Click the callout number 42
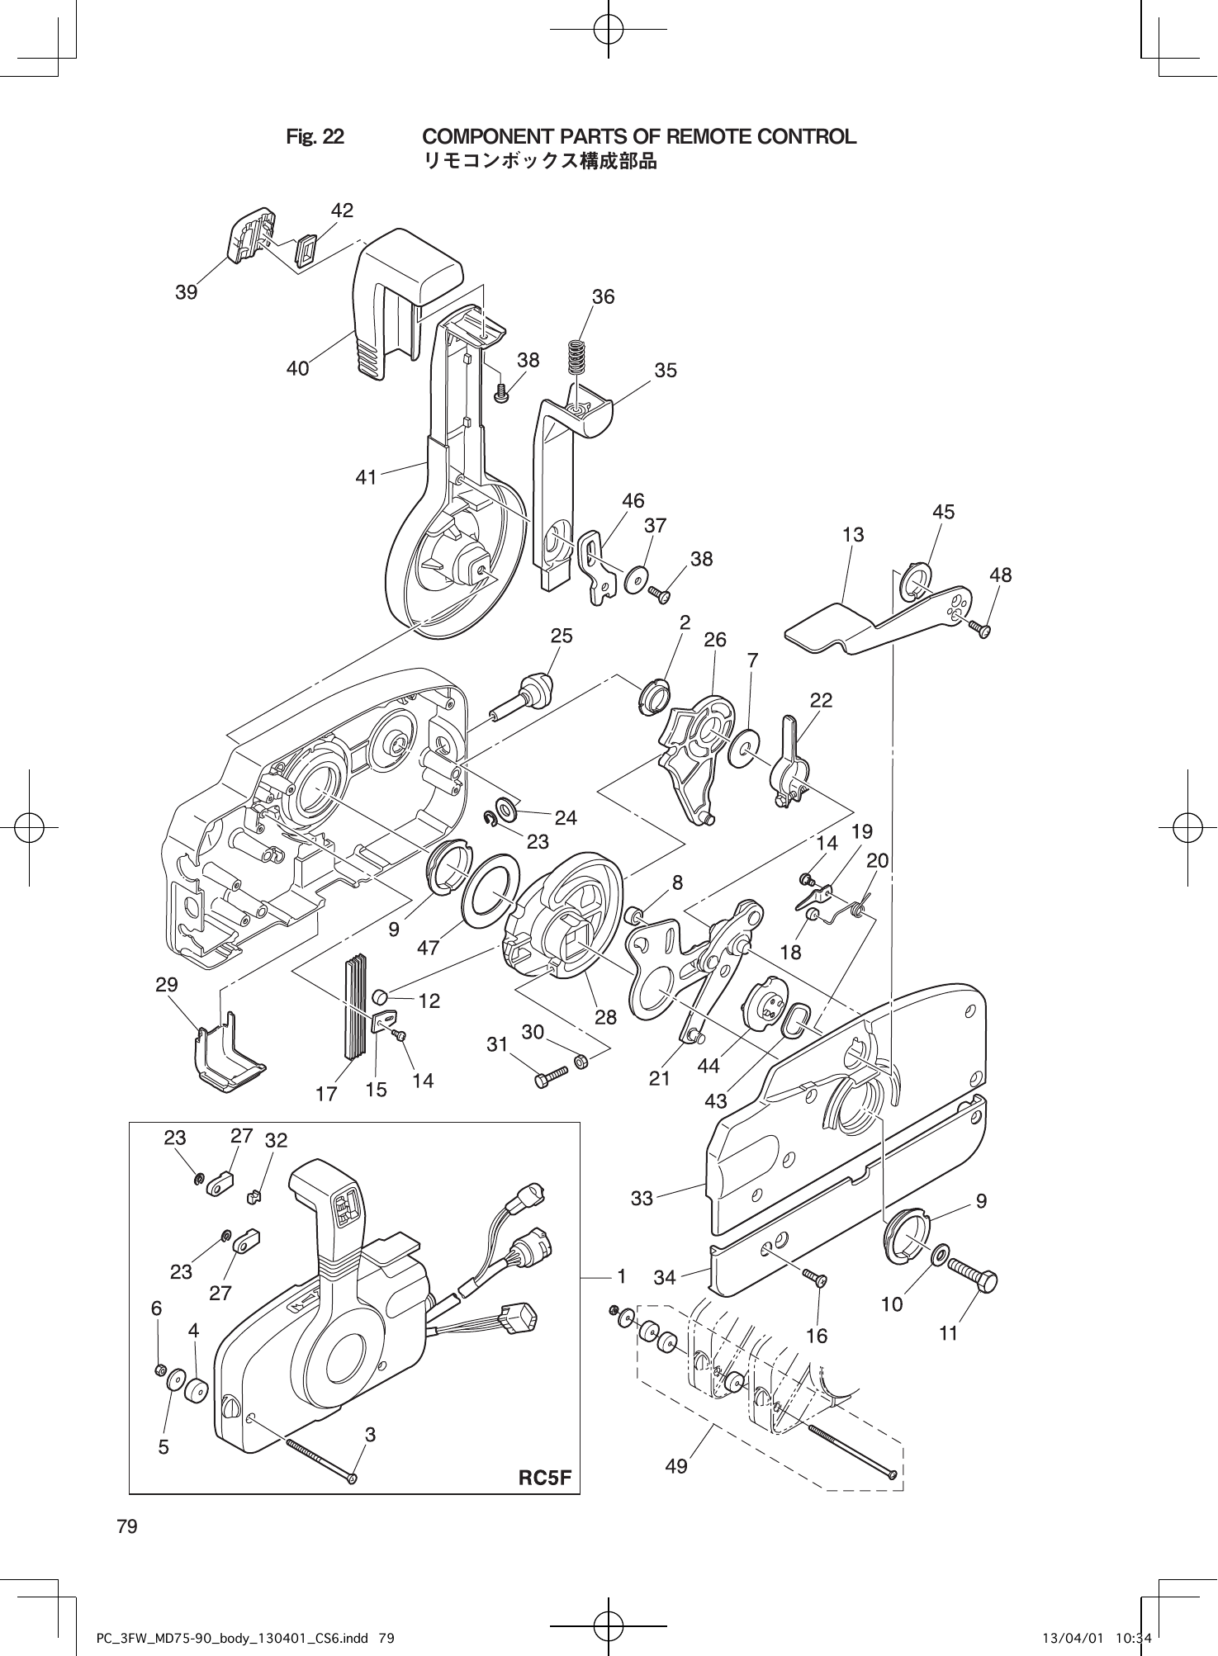(342, 211)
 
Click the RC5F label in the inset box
(544, 1478)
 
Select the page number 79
(127, 1526)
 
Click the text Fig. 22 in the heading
(315, 137)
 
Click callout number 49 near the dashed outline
(675, 1467)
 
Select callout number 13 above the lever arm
(853, 535)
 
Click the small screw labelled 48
(981, 630)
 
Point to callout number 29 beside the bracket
(167, 985)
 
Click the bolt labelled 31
(552, 1076)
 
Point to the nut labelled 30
(581, 1061)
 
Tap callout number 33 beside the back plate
(642, 1199)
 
